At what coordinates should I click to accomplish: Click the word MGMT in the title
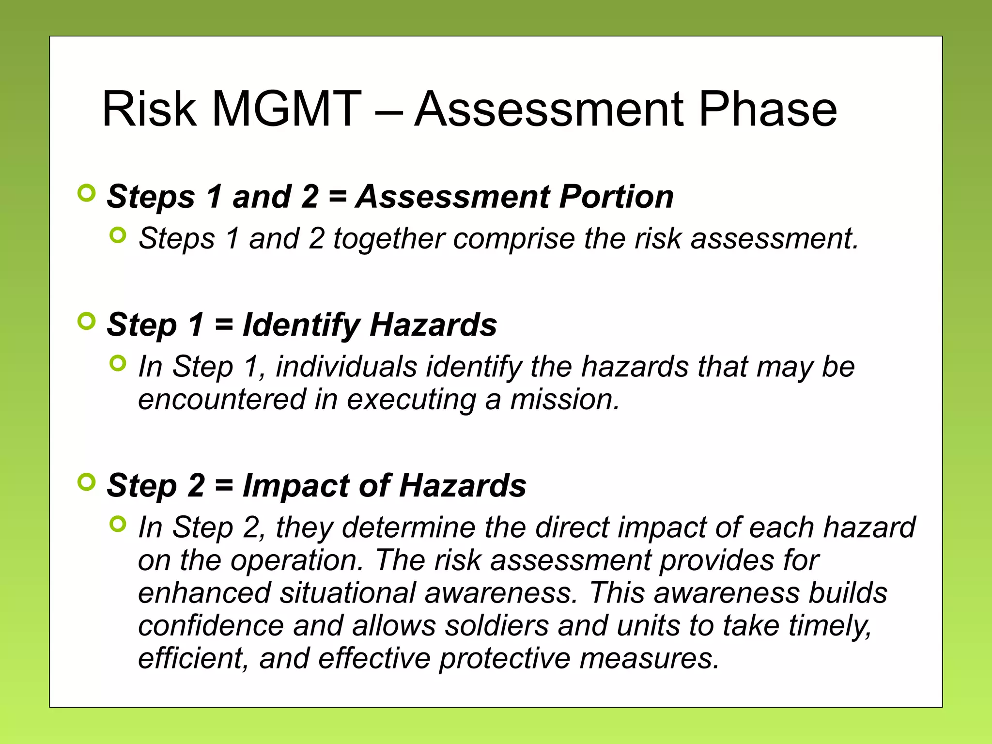[x=286, y=109]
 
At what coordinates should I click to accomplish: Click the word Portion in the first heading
[x=616, y=197]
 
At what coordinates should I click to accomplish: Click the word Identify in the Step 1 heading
[x=301, y=325]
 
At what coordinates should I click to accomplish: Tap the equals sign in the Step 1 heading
[x=224, y=325]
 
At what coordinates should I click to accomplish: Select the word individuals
[x=346, y=367]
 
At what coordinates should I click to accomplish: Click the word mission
[x=564, y=400]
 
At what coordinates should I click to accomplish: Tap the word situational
[x=347, y=593]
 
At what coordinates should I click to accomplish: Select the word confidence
[x=211, y=626]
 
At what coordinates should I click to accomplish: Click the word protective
[x=504, y=659]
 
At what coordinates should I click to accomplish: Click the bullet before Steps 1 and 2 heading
[x=86, y=193]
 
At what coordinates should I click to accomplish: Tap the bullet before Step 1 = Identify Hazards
[x=86, y=321]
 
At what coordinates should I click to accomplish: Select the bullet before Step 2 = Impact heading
[x=86, y=482]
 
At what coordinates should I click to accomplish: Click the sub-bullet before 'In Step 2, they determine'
[x=118, y=524]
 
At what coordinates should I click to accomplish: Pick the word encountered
[x=222, y=400]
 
